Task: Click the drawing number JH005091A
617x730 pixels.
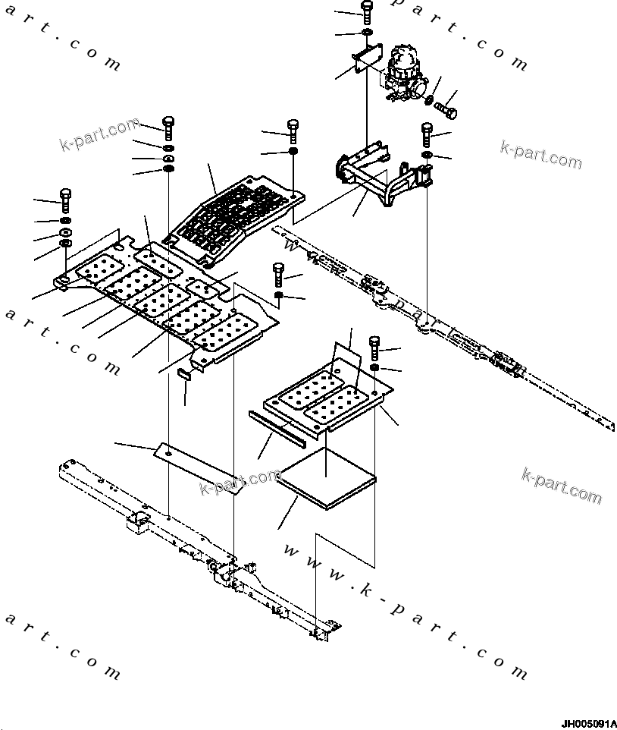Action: (x=588, y=723)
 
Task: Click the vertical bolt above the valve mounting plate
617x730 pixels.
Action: (x=367, y=11)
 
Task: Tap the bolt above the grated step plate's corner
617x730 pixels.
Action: (x=293, y=130)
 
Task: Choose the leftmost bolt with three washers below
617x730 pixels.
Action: (x=65, y=200)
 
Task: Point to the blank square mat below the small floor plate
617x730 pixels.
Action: (x=327, y=486)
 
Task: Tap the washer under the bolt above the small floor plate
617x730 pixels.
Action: (x=374, y=368)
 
